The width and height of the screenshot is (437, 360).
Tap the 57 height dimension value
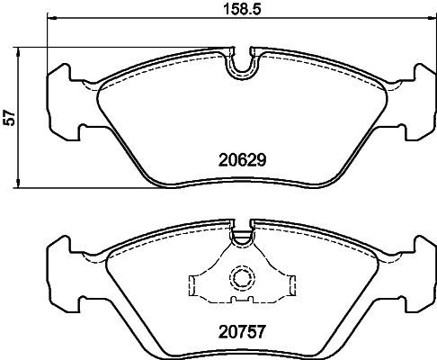12,117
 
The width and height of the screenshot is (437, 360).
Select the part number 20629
240,162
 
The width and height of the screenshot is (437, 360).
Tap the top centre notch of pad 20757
241,236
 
